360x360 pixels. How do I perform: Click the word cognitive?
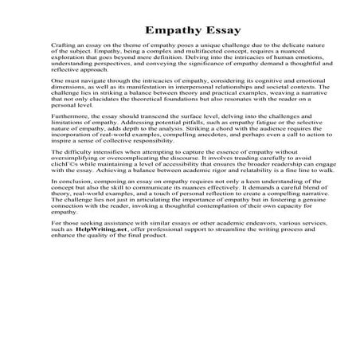251,82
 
